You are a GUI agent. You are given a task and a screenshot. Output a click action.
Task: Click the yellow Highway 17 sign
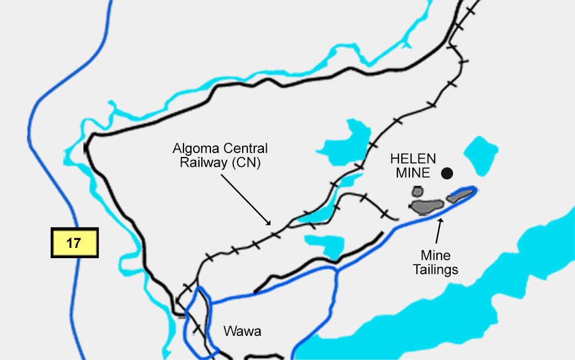(x=74, y=243)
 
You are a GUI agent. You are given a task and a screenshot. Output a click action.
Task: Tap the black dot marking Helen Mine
(x=447, y=173)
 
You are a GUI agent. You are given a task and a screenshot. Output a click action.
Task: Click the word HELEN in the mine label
(x=412, y=159)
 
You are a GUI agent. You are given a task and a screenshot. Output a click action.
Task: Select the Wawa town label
(x=242, y=331)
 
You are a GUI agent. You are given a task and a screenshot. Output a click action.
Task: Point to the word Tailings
(x=435, y=269)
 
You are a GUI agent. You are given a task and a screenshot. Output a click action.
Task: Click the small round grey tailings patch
(x=417, y=192)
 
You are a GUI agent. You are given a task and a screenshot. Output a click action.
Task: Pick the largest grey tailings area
(x=427, y=206)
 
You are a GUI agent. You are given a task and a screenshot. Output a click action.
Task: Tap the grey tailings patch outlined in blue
(x=459, y=196)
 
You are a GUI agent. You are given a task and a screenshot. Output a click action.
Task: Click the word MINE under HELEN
(x=411, y=173)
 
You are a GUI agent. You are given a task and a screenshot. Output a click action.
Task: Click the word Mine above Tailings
(x=435, y=255)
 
